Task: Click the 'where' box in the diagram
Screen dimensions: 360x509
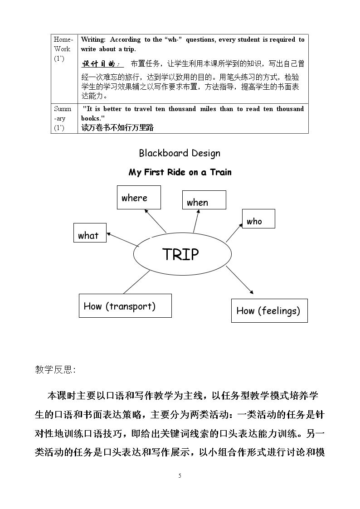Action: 139,197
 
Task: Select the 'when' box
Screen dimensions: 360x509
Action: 204,200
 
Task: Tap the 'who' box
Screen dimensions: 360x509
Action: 258,218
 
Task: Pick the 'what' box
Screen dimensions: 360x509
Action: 90,233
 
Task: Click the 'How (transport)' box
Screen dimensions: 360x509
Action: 125,305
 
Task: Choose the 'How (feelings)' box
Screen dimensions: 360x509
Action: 269,310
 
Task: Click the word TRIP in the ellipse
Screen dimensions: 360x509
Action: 180,254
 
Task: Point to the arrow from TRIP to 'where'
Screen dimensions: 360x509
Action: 155,221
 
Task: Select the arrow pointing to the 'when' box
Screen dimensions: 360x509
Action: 196,221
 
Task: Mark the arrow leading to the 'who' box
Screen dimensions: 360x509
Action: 234,233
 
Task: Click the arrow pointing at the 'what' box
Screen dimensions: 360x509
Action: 123,240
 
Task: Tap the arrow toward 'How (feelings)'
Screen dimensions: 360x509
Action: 239,280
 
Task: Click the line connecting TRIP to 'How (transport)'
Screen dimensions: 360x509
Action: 136,282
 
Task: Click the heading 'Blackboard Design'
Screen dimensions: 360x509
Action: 180,153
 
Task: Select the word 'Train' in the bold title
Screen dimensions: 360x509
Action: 221,172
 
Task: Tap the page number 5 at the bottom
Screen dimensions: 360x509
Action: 180,476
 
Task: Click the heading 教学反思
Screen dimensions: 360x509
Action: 55,369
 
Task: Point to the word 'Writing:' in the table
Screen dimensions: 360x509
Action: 93,39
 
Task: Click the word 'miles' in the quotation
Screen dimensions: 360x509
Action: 208,109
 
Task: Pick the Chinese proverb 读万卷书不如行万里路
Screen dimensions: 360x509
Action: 117,127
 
